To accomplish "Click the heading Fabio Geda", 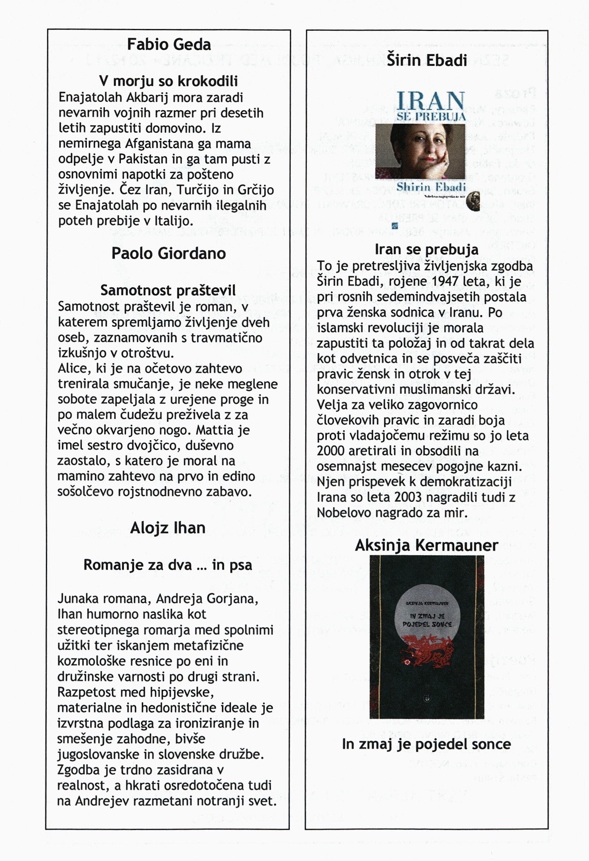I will [169, 45].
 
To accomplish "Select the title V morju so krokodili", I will [168, 81].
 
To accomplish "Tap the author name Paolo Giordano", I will [168, 254].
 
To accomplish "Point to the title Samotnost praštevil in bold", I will [168, 290].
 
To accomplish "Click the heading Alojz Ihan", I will [168, 528].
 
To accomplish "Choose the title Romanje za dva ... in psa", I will [167, 565].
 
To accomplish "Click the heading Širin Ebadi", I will [427, 60].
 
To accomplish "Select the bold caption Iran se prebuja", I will [427, 249].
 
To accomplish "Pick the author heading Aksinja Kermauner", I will [427, 545].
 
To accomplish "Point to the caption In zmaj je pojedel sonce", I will [427, 744].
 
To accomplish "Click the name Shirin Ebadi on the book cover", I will [431, 187].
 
